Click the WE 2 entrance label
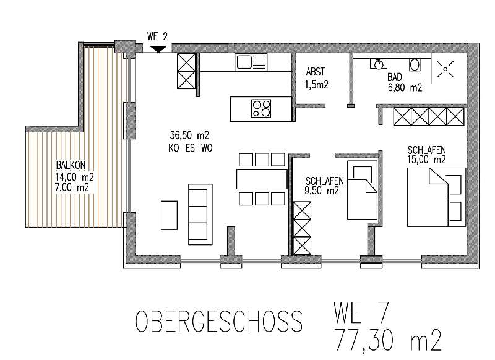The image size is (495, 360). (x=158, y=36)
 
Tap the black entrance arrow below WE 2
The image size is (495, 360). (x=158, y=48)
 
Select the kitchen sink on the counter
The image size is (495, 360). (x=250, y=61)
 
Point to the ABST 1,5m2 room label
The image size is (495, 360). (x=316, y=77)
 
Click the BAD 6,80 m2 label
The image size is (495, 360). (x=404, y=83)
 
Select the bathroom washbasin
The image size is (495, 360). (x=377, y=63)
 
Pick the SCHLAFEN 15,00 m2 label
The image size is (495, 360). (x=427, y=155)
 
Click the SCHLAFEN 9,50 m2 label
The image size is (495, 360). (x=322, y=186)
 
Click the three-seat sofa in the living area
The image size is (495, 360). (x=199, y=212)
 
